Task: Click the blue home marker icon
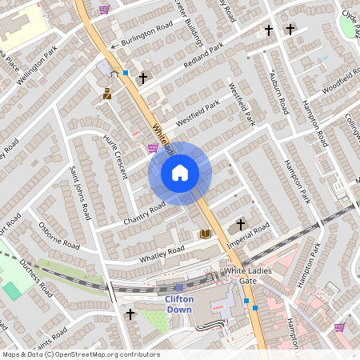[180, 172]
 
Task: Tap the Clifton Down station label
[179, 304]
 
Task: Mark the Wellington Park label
[41, 63]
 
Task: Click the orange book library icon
[205, 234]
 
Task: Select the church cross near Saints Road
[130, 314]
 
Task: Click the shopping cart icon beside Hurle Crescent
[152, 148]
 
